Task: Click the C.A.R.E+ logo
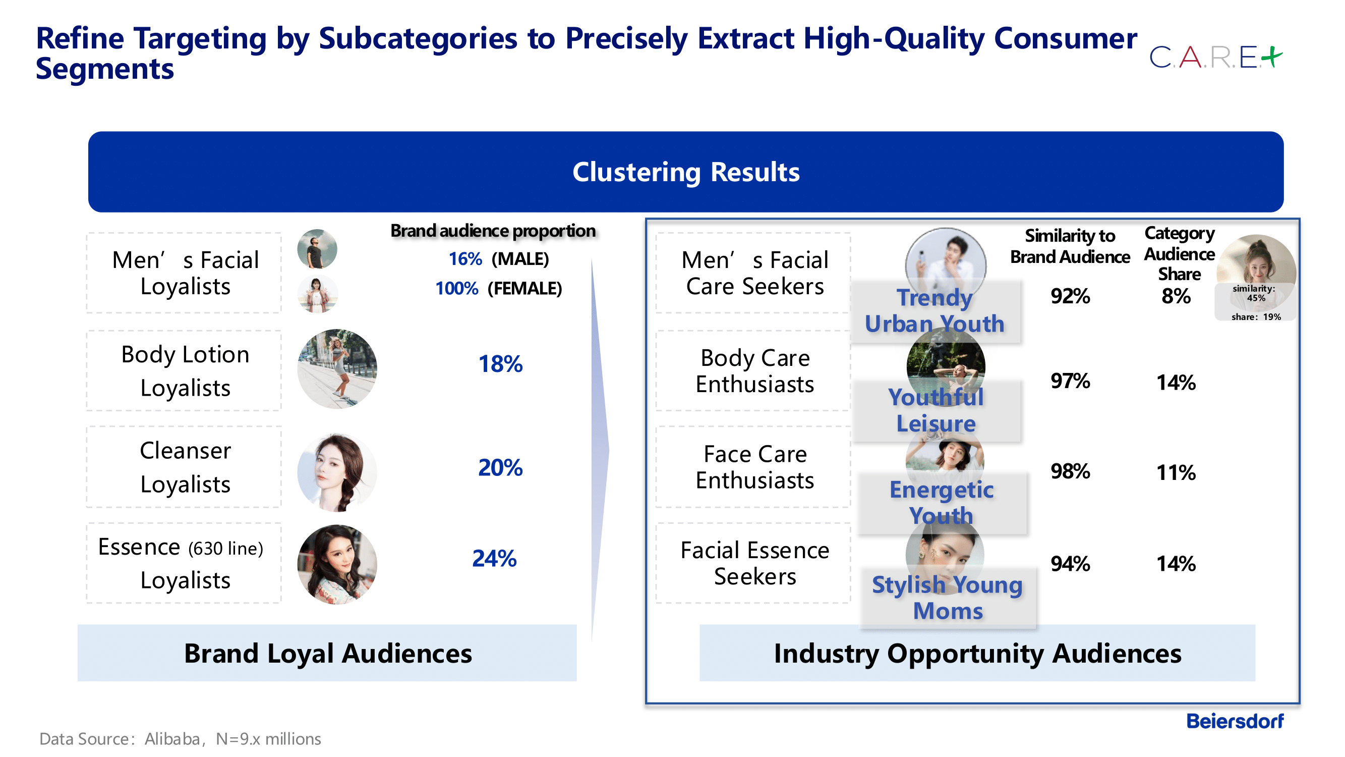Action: (x=1215, y=58)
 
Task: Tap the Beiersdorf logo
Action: (x=1235, y=721)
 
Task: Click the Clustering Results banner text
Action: (x=685, y=172)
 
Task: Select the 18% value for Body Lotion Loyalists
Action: (x=500, y=364)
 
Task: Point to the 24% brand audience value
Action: (x=494, y=559)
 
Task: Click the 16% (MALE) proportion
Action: (x=499, y=259)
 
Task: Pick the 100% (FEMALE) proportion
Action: (x=499, y=288)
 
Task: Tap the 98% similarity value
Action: (x=1070, y=471)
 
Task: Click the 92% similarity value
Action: (x=1070, y=296)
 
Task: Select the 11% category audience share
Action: (x=1176, y=473)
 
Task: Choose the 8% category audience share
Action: (x=1176, y=296)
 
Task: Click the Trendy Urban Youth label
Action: (x=934, y=311)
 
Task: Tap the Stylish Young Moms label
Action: (x=947, y=598)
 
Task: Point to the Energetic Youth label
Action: (x=941, y=503)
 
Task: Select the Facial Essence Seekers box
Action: (x=754, y=563)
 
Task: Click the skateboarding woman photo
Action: (x=337, y=369)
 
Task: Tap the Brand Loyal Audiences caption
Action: (x=327, y=654)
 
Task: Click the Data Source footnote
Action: (x=180, y=739)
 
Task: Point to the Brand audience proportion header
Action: (x=492, y=231)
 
